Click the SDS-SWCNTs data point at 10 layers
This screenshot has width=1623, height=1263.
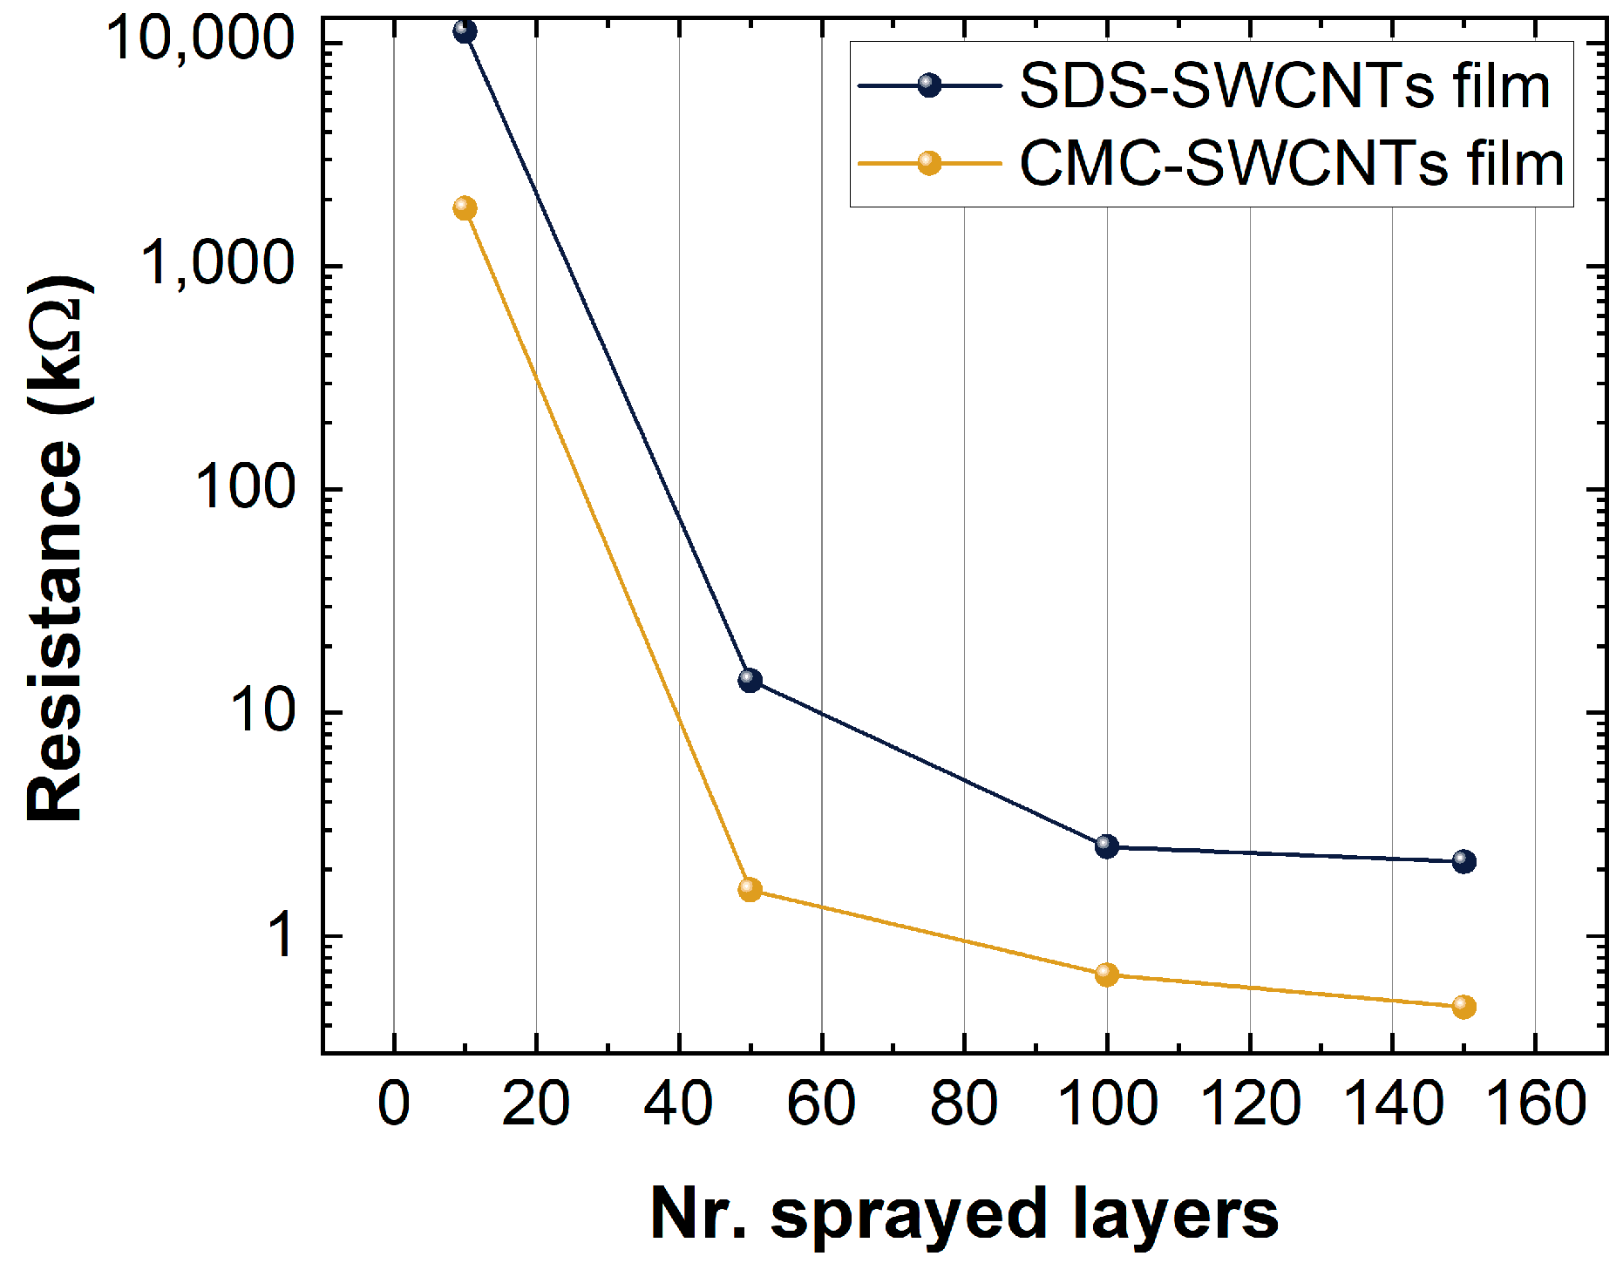pyautogui.click(x=465, y=31)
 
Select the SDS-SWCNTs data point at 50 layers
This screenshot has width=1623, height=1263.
pyautogui.click(x=750, y=680)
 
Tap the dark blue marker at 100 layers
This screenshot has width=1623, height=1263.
pyautogui.click(x=1106, y=845)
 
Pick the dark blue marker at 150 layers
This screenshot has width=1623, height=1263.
pyautogui.click(x=1463, y=861)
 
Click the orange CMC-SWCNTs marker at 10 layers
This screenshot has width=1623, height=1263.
pyautogui.click(x=465, y=208)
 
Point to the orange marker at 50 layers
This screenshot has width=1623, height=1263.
pyautogui.click(x=750, y=889)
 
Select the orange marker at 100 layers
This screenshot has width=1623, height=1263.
pyautogui.click(x=1106, y=974)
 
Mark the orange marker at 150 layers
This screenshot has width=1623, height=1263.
pyautogui.click(x=1463, y=1007)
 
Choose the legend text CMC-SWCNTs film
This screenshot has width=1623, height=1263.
pyautogui.click(x=1291, y=164)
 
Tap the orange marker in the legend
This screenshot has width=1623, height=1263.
pyautogui.click(x=929, y=163)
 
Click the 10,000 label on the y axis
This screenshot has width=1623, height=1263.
pyautogui.click(x=200, y=40)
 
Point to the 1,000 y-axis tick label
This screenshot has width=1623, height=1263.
pyautogui.click(x=217, y=263)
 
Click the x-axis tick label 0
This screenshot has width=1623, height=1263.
pyautogui.click(x=393, y=1103)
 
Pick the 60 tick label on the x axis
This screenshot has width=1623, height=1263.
pyautogui.click(x=820, y=1103)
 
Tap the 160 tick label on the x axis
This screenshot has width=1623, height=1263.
pyautogui.click(x=1534, y=1103)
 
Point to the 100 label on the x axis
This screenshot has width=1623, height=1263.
pyautogui.click(x=1106, y=1103)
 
